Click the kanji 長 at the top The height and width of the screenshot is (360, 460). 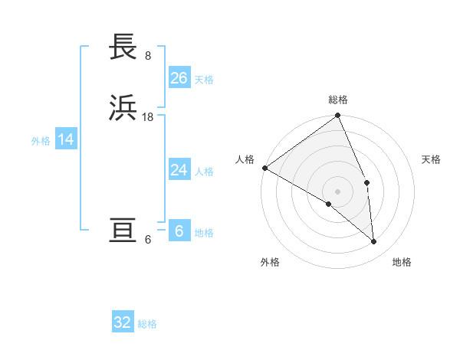pos(123,47)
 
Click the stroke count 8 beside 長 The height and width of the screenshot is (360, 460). pos(147,55)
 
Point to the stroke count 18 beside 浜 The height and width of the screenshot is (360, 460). pos(149,116)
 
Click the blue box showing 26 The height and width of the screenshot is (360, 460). pos(179,78)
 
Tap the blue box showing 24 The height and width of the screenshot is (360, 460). pos(179,170)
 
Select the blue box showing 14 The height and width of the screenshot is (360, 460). pos(66,139)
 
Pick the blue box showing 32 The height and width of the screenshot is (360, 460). pos(123,322)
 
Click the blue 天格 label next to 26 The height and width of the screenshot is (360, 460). pos(204,80)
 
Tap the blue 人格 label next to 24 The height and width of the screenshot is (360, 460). pos(204,172)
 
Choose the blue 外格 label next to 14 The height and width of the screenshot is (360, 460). pos(41,141)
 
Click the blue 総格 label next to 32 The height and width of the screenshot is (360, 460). pos(147,324)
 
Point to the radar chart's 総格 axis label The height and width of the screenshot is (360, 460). pos(338,100)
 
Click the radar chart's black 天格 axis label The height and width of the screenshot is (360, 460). pos(432,159)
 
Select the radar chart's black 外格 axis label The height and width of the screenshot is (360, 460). pos(270,262)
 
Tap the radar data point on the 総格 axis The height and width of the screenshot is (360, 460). pos(338,116)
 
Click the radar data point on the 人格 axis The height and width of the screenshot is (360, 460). pos(264,168)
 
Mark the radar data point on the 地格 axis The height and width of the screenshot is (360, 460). pos(373,241)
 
